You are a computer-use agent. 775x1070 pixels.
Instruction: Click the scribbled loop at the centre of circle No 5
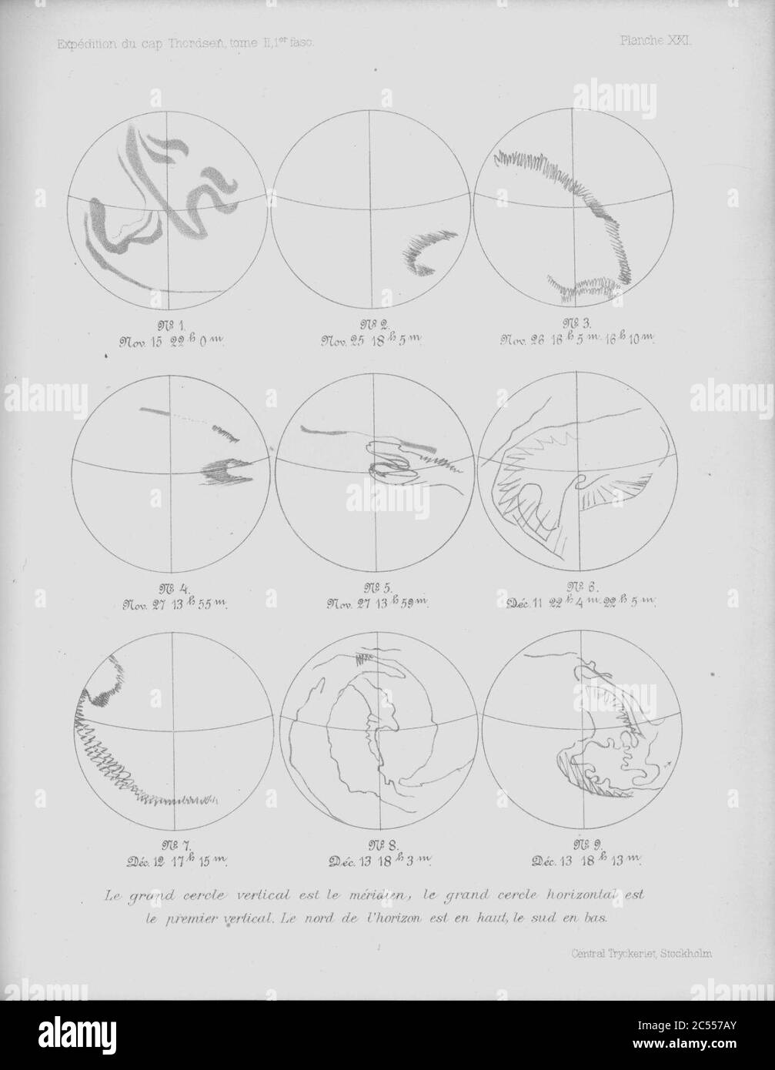point(385,462)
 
